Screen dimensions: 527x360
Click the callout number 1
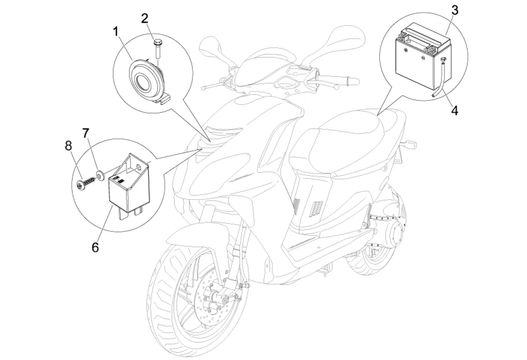click(116, 32)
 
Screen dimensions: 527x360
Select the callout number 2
click(144, 18)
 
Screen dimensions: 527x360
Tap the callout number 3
click(454, 10)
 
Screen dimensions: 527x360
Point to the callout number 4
click(454, 110)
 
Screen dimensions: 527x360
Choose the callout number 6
click(96, 247)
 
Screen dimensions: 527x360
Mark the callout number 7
click(86, 134)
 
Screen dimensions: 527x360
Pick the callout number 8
click(68, 146)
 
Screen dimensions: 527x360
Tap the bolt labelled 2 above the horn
click(157, 49)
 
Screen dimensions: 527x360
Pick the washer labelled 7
click(100, 175)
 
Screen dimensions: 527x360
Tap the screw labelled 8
click(86, 183)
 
